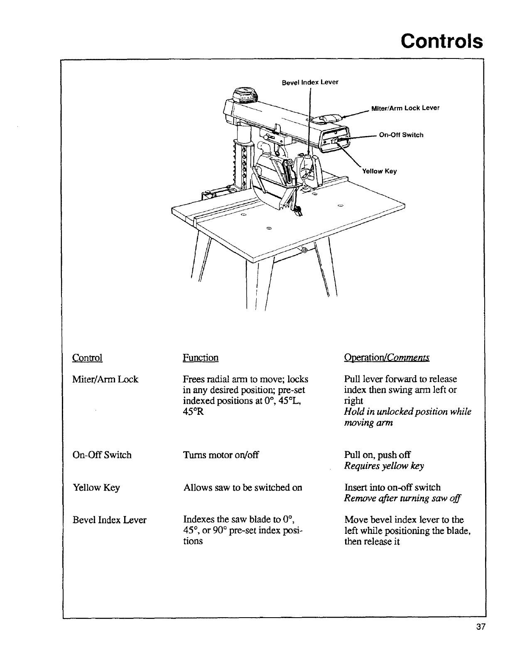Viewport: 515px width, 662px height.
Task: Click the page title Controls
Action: point(441,41)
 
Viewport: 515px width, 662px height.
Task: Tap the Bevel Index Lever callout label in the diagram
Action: point(310,82)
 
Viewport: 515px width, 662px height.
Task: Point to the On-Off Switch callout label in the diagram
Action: point(401,135)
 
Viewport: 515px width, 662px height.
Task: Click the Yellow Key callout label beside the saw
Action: point(380,171)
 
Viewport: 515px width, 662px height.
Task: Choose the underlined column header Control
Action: point(87,358)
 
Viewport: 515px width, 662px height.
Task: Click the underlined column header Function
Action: point(201,358)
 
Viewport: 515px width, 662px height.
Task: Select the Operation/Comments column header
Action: point(387,358)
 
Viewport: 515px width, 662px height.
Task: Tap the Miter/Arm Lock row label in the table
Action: point(105,379)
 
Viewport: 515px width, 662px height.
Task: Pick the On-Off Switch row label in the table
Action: point(102,455)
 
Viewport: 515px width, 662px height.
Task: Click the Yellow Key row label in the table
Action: point(96,487)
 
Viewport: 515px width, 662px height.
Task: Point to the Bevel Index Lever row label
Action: point(110,520)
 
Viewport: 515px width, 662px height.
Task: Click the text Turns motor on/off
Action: point(221,455)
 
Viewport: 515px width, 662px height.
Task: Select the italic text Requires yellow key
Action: point(384,466)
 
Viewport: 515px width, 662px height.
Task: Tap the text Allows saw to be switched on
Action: point(243,487)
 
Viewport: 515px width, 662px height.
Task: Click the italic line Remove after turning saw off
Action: point(403,499)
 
